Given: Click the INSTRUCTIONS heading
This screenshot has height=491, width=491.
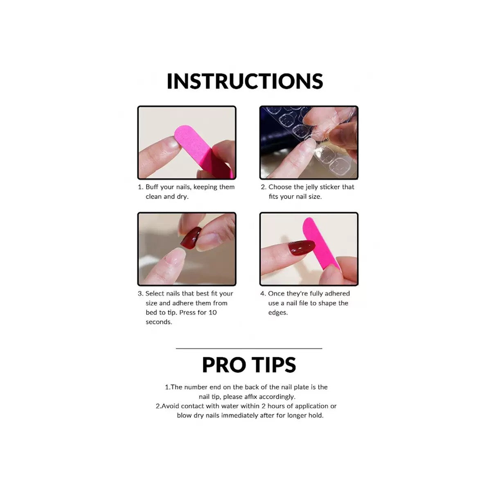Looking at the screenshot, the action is (245, 81).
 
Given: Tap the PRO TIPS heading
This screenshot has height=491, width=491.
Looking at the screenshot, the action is (249, 365).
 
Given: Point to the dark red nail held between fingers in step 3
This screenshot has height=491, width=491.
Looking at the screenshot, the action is (191, 237).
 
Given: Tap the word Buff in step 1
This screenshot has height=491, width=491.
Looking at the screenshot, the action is (152, 187).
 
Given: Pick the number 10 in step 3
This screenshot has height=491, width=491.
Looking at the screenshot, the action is (212, 313).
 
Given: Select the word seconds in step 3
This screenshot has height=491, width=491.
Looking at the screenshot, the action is (159, 322).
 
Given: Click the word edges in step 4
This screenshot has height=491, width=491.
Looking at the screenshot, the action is (278, 313).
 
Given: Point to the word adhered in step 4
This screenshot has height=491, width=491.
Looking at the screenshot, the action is (337, 293).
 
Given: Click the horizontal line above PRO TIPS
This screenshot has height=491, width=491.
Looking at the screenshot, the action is (249, 348).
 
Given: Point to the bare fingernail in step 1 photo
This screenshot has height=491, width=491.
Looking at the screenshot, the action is (171, 145).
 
